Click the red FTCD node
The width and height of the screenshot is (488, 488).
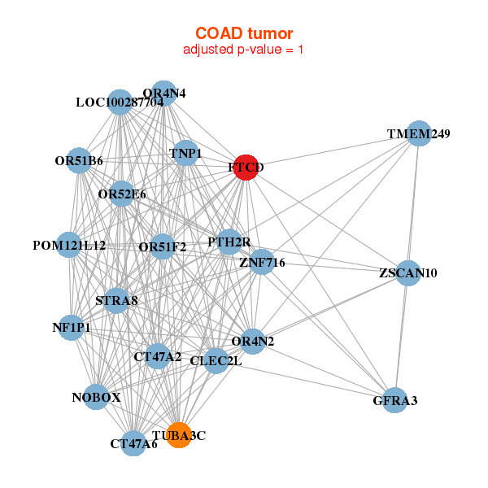point(246,168)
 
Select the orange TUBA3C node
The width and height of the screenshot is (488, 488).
point(178,435)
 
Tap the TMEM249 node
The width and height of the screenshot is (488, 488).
point(418,134)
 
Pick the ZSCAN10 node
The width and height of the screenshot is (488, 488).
point(407,273)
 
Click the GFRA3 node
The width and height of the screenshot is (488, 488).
point(394,400)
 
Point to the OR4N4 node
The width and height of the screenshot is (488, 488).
point(163,93)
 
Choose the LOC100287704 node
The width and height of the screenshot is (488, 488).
point(120,102)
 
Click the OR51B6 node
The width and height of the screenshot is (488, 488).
point(79,160)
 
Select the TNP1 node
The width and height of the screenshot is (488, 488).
point(186,153)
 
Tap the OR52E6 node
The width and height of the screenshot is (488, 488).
point(122,194)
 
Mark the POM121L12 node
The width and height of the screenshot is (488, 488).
point(69,245)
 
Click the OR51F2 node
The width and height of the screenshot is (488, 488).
point(163,246)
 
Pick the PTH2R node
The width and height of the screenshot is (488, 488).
point(230,242)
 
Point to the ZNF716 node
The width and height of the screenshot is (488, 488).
point(261,262)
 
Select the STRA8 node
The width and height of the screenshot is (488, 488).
point(116,302)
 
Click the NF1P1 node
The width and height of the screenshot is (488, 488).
point(72,328)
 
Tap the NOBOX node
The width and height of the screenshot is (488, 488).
point(96,397)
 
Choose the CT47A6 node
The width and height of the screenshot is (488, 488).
point(134,443)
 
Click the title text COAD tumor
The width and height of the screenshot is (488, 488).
point(244,33)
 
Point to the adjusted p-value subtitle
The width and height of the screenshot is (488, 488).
point(244,50)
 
